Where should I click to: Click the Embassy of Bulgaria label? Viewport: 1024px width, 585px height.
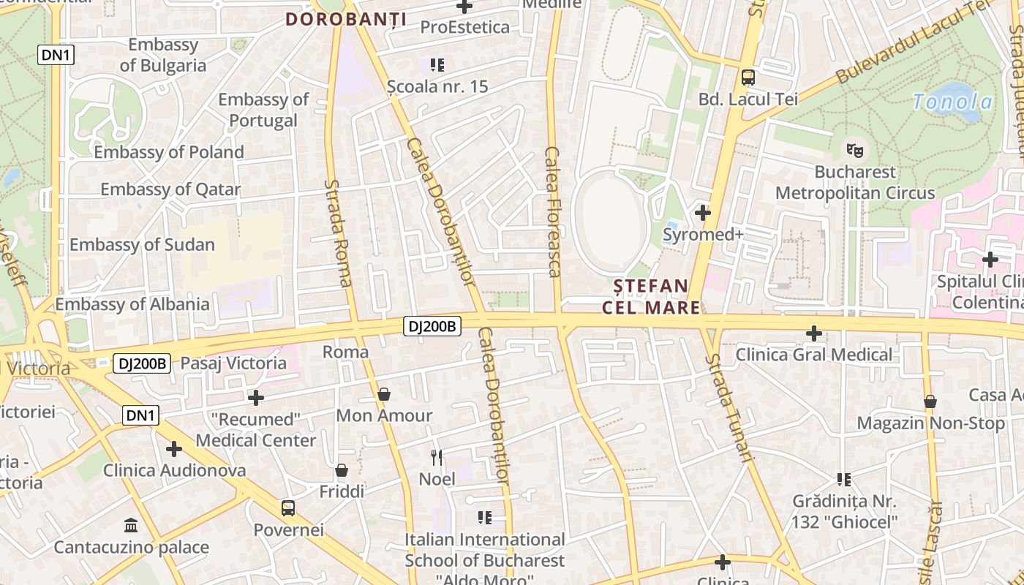point(163,55)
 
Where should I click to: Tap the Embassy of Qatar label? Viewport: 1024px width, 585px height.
point(170,189)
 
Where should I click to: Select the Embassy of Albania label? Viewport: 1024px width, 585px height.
point(132,304)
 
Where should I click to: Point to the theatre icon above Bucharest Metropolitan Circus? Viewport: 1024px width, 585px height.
point(854,150)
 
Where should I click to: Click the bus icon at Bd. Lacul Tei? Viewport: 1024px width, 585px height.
point(748,77)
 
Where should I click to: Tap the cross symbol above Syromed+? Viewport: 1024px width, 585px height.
point(703,213)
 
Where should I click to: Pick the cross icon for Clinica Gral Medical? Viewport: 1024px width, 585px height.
point(814,333)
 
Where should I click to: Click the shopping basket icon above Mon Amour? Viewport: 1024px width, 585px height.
point(384,395)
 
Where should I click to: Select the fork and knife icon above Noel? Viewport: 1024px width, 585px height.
point(437,458)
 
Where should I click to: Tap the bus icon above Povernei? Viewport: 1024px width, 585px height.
point(288,507)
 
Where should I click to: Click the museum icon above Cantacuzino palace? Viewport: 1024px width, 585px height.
point(131,525)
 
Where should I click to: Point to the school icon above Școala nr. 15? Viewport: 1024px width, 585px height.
point(437,65)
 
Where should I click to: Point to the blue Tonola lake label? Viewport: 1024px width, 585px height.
point(952,102)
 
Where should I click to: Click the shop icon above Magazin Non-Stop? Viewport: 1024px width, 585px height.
point(930,401)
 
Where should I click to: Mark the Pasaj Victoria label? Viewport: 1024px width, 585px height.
point(233,363)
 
